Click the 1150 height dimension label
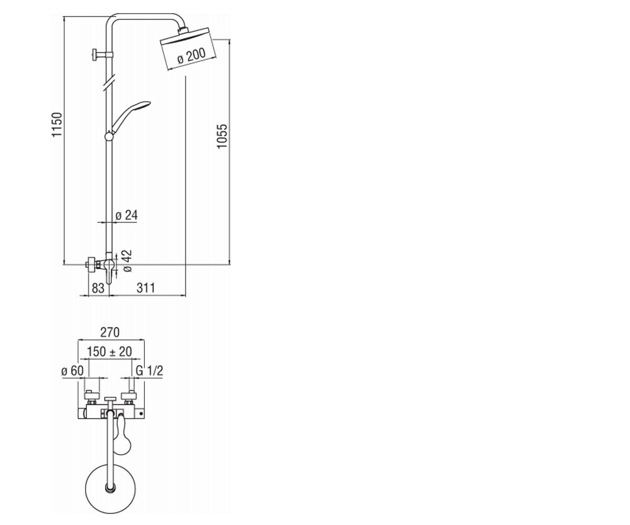pos(57,124)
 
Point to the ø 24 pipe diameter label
pos(127,215)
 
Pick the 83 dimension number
pos(98,288)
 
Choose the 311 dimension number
pos(146,288)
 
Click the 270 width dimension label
pos(110,332)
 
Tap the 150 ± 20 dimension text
pos(109,352)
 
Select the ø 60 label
pos(72,371)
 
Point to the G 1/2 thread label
pos(149,371)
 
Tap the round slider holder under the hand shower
pos(109,136)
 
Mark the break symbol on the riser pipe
pos(109,81)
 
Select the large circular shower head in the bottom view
pos(110,489)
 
